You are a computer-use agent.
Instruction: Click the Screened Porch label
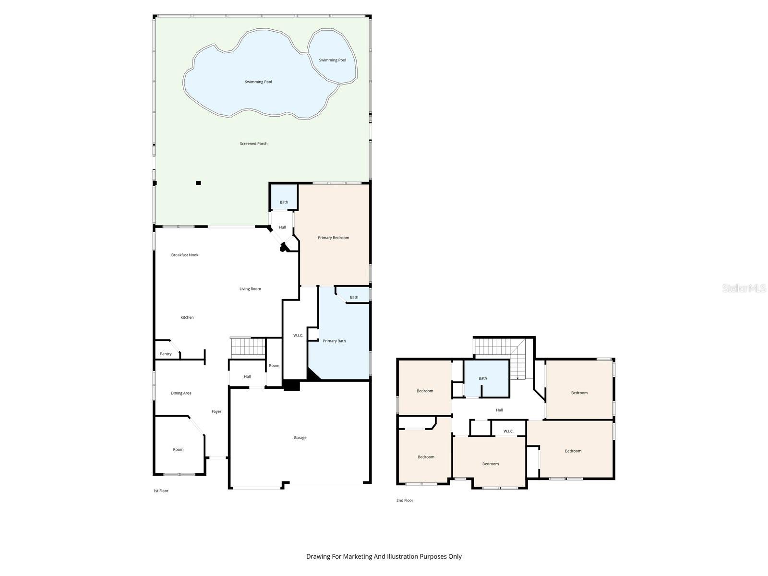[x=253, y=144]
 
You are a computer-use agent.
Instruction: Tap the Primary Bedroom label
[x=333, y=238]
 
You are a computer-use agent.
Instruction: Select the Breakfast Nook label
[x=184, y=255]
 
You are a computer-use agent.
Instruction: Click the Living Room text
[x=250, y=289]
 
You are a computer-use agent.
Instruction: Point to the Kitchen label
[x=187, y=317]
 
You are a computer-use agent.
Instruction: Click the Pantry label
[x=166, y=354]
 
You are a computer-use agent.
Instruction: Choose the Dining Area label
[x=181, y=393]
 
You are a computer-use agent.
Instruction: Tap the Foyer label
[x=216, y=412]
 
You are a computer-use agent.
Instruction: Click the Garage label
[x=300, y=437]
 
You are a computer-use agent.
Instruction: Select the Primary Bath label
[x=334, y=341]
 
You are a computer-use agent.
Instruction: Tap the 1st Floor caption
[x=161, y=491]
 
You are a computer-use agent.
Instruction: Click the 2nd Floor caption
[x=405, y=500]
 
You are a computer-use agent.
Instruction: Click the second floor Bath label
[x=482, y=378]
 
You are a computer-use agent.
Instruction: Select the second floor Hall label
[x=499, y=410]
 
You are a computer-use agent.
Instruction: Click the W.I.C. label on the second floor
[x=508, y=431]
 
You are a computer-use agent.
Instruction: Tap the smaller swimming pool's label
[x=332, y=60]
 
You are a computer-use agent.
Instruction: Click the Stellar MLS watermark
[x=744, y=288]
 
